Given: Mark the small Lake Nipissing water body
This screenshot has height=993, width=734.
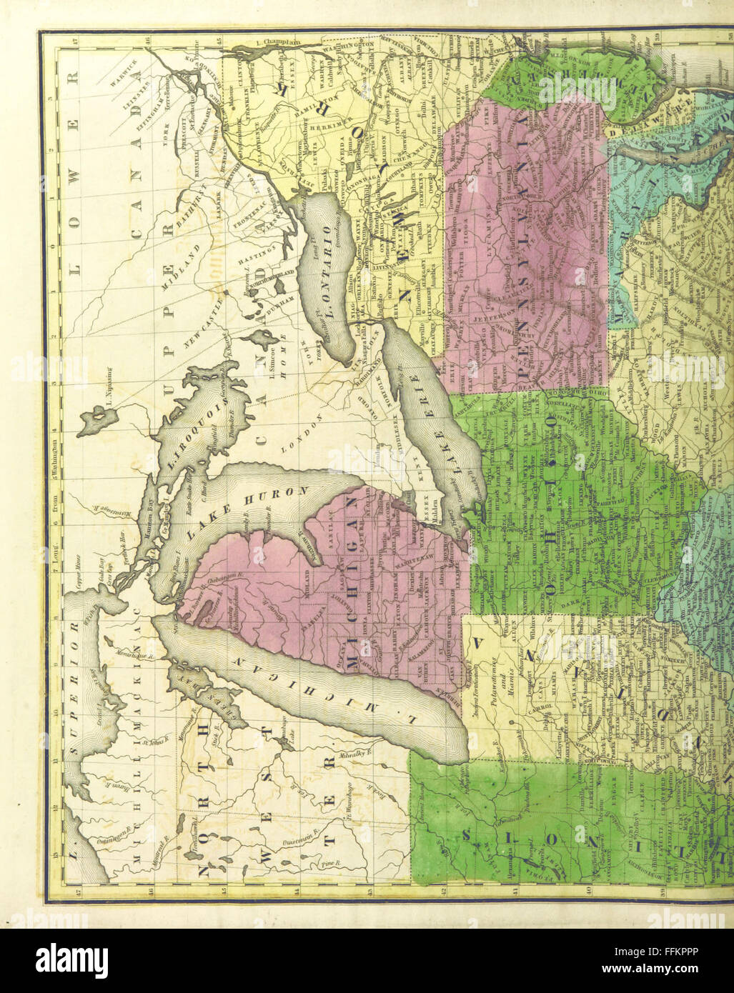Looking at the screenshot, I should pos(96,420).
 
